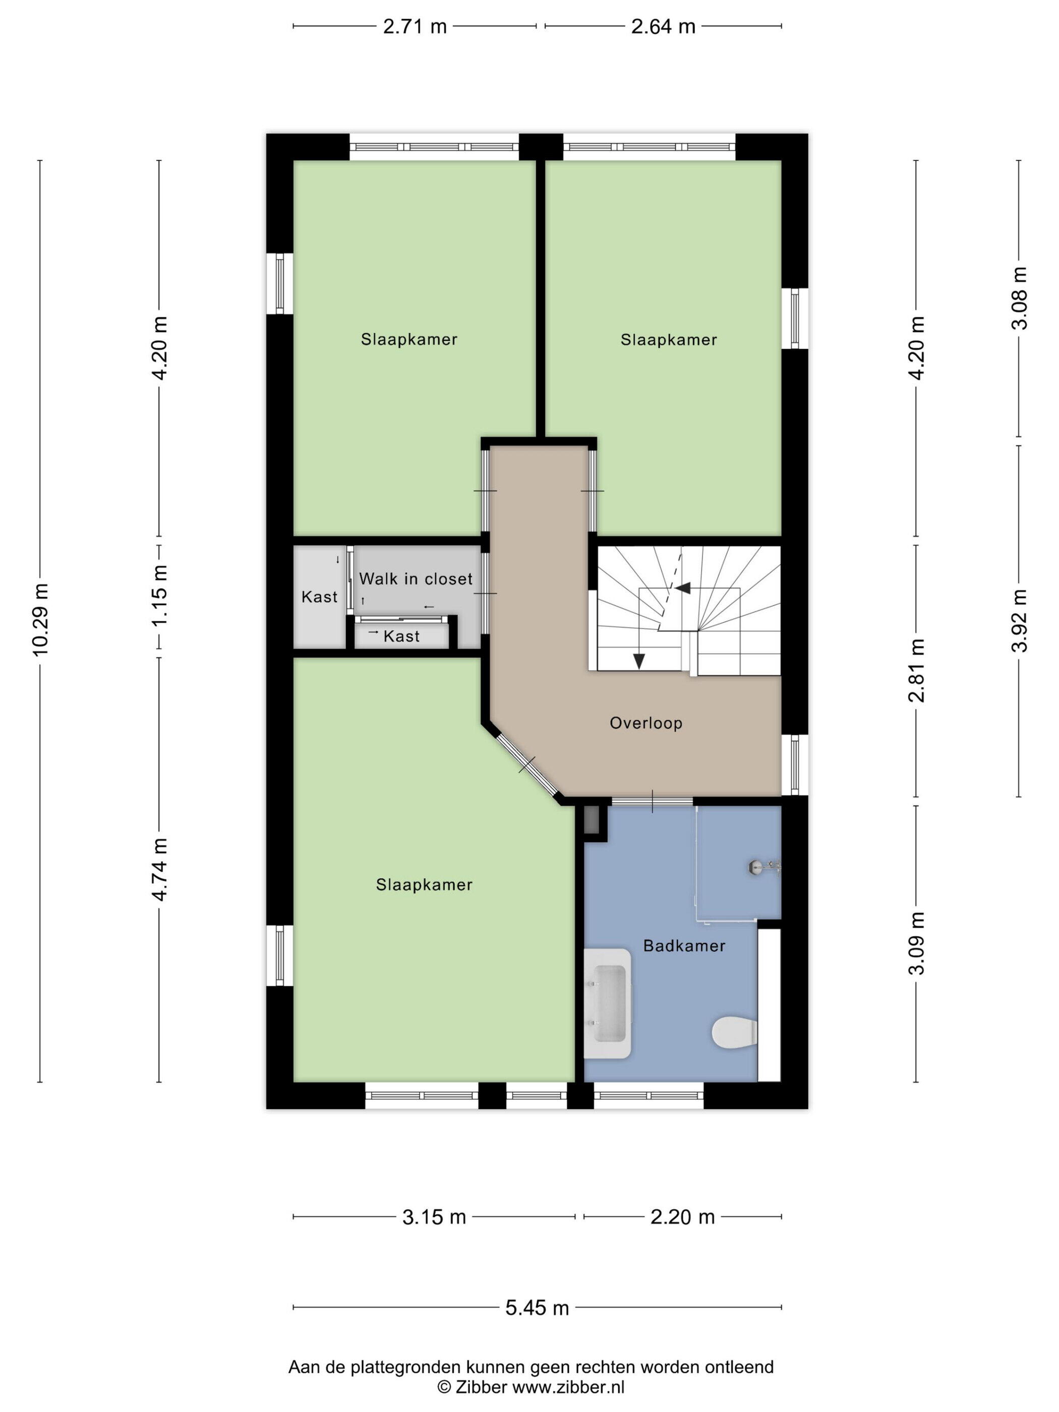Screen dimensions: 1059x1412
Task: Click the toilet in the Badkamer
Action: [x=734, y=1033]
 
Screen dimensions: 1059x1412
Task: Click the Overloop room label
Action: [x=646, y=723]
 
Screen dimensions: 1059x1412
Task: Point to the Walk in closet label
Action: [x=416, y=579]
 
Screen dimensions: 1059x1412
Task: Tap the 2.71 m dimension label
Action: [x=415, y=27]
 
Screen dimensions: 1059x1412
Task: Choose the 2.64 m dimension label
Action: [x=663, y=27]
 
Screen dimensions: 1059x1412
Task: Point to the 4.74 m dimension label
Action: [x=159, y=869]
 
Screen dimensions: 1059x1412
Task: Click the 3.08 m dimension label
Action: [x=1020, y=298]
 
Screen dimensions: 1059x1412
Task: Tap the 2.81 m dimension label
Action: [x=917, y=670]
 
